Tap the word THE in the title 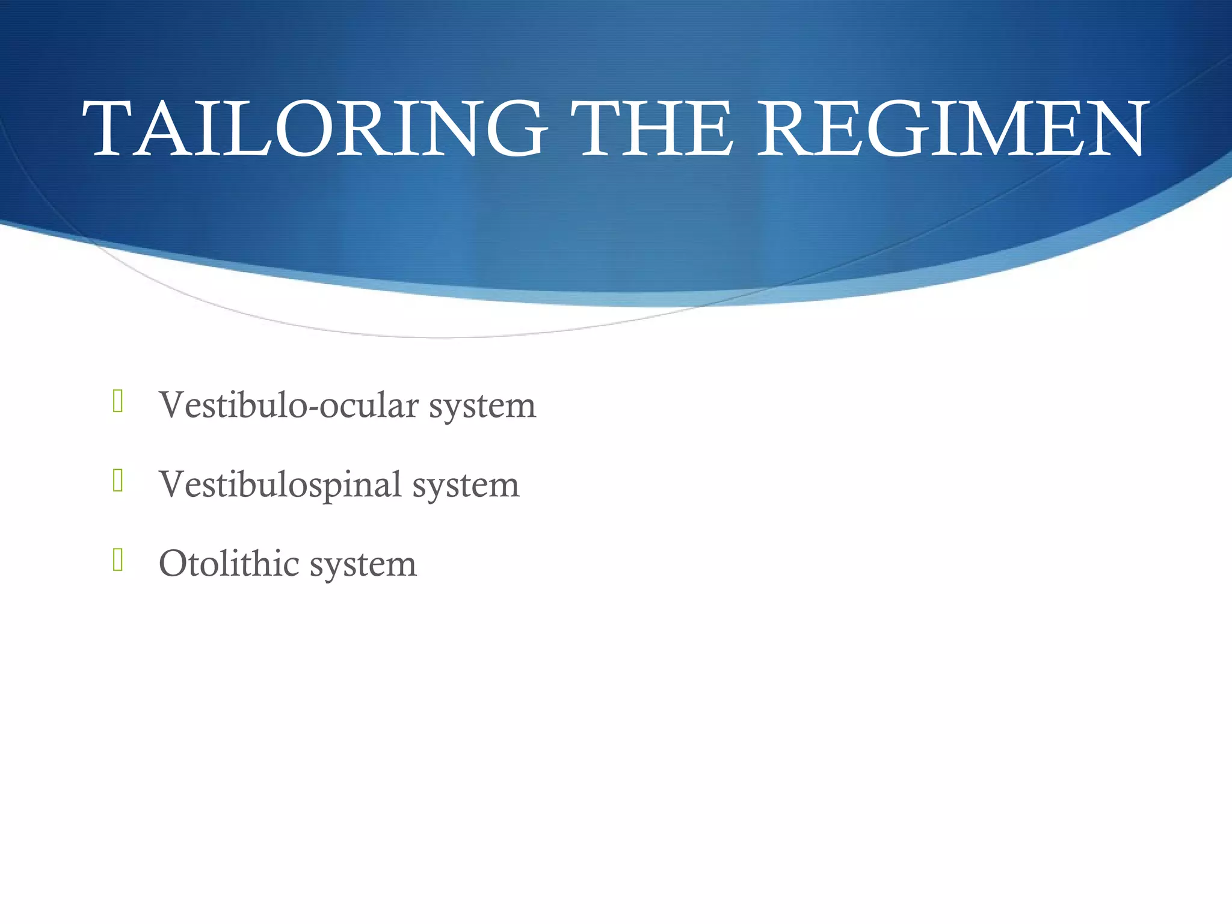pyautogui.click(x=653, y=129)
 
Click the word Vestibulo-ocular pyautogui.click(x=289, y=405)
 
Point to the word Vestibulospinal pyautogui.click(x=280, y=485)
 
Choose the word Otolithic pyautogui.click(x=229, y=564)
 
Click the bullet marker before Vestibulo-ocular pyautogui.click(x=118, y=401)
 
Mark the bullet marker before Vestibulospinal pyautogui.click(x=118, y=481)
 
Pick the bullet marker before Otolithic pyautogui.click(x=118, y=560)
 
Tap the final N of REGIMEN pyautogui.click(x=1113, y=129)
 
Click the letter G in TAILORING pyautogui.click(x=516, y=129)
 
